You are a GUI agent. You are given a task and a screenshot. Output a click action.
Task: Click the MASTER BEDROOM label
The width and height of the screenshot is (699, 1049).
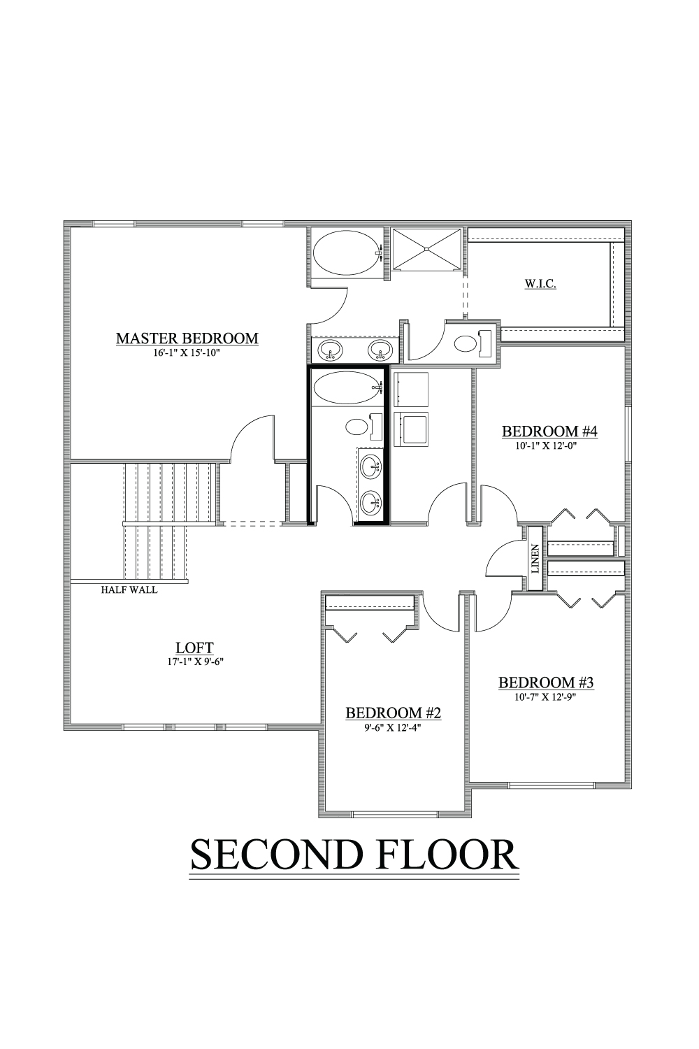click(187, 338)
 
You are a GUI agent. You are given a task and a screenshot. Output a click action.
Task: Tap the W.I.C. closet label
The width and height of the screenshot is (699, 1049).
click(540, 283)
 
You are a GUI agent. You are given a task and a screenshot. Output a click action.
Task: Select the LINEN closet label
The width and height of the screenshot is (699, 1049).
click(535, 559)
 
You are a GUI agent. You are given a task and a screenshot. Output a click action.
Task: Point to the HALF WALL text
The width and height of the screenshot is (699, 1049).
click(129, 590)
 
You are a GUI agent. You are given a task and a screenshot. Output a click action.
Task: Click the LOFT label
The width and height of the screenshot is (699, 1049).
click(194, 648)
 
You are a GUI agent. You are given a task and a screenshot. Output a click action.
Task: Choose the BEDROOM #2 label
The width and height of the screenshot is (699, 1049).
click(394, 713)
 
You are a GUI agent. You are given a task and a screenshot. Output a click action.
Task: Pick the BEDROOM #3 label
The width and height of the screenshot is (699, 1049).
click(546, 683)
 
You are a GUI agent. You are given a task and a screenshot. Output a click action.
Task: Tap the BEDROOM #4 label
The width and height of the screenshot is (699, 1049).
click(549, 431)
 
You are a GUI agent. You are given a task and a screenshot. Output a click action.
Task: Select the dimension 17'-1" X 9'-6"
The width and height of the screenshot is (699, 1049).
click(194, 662)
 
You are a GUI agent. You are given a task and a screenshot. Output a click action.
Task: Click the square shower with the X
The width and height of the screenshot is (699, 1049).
click(426, 249)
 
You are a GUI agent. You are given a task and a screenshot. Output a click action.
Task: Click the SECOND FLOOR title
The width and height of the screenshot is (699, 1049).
click(354, 855)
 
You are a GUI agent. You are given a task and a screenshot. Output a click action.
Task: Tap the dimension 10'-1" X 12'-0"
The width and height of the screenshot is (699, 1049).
click(545, 446)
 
